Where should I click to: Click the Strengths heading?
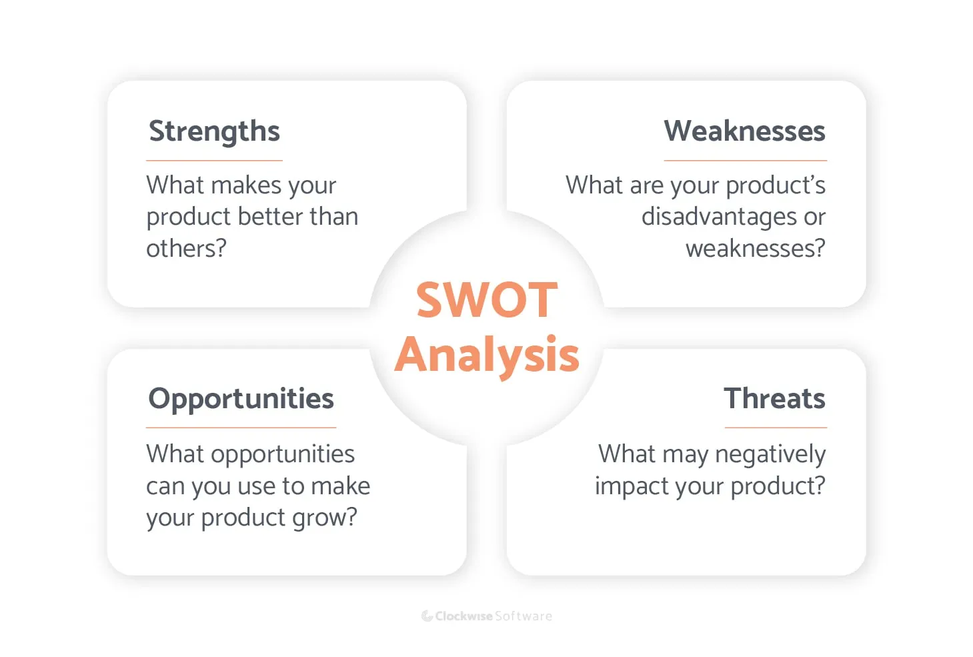pos(214,131)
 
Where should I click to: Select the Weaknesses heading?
pos(744,131)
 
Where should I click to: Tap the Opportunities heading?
pos(241,399)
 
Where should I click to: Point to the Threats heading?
pos(774,399)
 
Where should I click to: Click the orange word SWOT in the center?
pos(487,300)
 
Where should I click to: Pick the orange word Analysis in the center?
pos(487,355)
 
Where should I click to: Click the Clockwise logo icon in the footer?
pos(427,616)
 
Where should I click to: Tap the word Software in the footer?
pos(524,616)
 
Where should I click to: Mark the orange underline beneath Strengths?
pos(214,161)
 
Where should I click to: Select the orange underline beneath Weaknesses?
pos(745,161)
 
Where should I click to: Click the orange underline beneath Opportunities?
pos(241,428)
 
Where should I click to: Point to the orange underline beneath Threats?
pos(776,428)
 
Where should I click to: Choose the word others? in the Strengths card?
pos(186,249)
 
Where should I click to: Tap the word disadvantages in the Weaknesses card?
pos(719,217)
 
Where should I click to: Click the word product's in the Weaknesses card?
pos(776,185)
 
